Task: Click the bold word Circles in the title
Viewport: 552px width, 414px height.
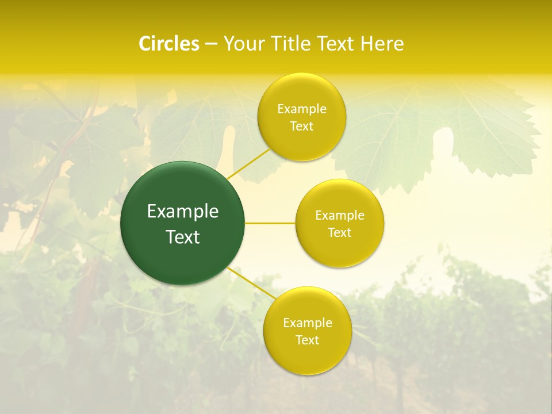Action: point(169,44)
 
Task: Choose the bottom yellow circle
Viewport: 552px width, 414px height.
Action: point(307,359)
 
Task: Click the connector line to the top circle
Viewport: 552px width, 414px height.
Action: point(249,164)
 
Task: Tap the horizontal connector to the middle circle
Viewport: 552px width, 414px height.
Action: point(270,223)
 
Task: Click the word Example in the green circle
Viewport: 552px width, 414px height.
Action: point(183,212)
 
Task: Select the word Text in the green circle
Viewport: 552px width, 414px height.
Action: point(183,237)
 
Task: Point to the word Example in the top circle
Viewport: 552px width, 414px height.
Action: point(302,109)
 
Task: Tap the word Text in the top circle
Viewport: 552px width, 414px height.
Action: point(302,126)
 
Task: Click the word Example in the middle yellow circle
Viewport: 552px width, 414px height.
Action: point(340,216)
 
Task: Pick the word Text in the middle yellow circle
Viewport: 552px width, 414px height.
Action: point(340,233)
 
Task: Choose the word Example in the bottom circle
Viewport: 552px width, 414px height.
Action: point(308,323)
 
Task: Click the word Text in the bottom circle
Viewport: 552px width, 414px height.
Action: point(308,340)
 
